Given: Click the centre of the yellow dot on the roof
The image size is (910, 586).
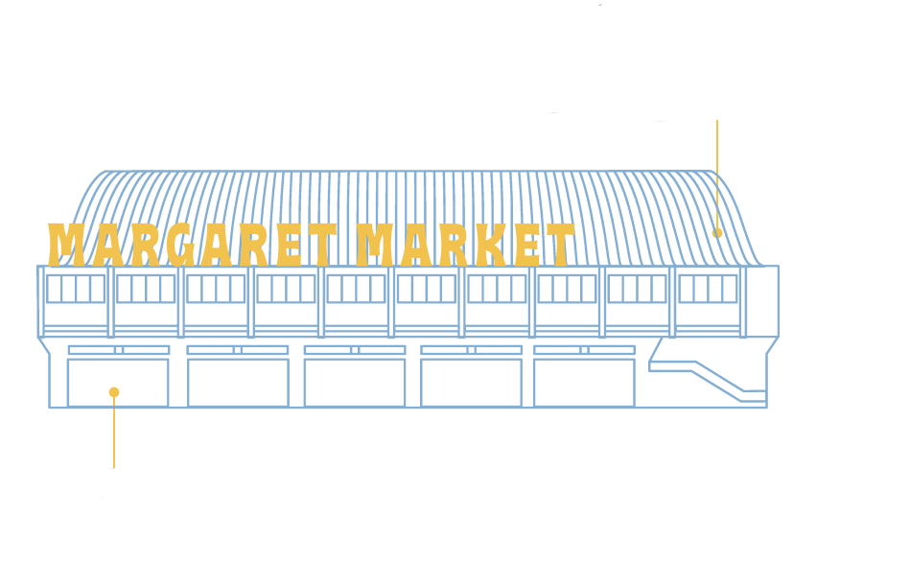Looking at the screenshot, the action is (x=717, y=233).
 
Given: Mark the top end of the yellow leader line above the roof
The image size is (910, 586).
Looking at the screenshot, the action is (x=717, y=120).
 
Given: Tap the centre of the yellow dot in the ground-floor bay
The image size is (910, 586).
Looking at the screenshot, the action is (x=114, y=392).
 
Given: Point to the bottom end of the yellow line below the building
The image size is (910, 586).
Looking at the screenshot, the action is (x=114, y=468).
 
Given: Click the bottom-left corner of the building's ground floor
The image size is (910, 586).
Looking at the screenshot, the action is (x=49, y=408).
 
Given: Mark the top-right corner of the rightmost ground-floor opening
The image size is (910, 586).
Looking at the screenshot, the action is (x=635, y=360).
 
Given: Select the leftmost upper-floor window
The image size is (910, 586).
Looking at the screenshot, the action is (x=76, y=289).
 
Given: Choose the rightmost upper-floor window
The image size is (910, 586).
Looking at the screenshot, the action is (x=708, y=289).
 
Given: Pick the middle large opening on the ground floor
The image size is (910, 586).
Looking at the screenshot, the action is (x=355, y=383).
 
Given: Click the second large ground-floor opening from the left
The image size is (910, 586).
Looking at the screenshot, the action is (x=238, y=383).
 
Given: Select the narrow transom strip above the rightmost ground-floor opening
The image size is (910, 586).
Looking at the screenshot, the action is (x=584, y=350).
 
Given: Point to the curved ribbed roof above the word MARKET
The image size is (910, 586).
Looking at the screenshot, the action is (x=464, y=198).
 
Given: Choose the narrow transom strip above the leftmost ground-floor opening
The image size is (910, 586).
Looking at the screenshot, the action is (x=119, y=350).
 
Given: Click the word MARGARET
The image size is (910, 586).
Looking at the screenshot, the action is (x=193, y=245).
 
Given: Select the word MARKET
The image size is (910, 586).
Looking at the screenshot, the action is (x=465, y=245).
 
